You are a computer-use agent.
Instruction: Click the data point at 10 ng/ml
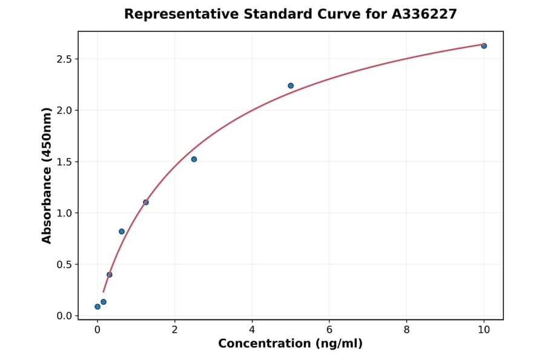(x=484, y=46)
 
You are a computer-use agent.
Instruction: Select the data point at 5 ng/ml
(x=291, y=85)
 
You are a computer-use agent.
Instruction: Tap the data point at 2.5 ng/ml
(x=194, y=159)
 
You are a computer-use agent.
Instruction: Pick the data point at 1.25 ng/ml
(x=146, y=202)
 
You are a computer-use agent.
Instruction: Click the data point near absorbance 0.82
(x=122, y=232)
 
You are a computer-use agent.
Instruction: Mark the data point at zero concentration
(x=97, y=307)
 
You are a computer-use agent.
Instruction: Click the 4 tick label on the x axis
(x=252, y=330)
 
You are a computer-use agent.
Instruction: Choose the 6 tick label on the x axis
(x=329, y=330)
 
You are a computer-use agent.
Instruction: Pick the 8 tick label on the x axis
(x=406, y=330)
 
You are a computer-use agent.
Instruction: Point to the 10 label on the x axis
(x=484, y=330)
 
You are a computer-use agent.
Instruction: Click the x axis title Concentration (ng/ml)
(x=290, y=344)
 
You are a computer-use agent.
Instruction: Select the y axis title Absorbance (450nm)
(x=47, y=175)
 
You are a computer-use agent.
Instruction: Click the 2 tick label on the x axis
(x=174, y=330)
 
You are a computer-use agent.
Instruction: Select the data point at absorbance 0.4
(x=110, y=275)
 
